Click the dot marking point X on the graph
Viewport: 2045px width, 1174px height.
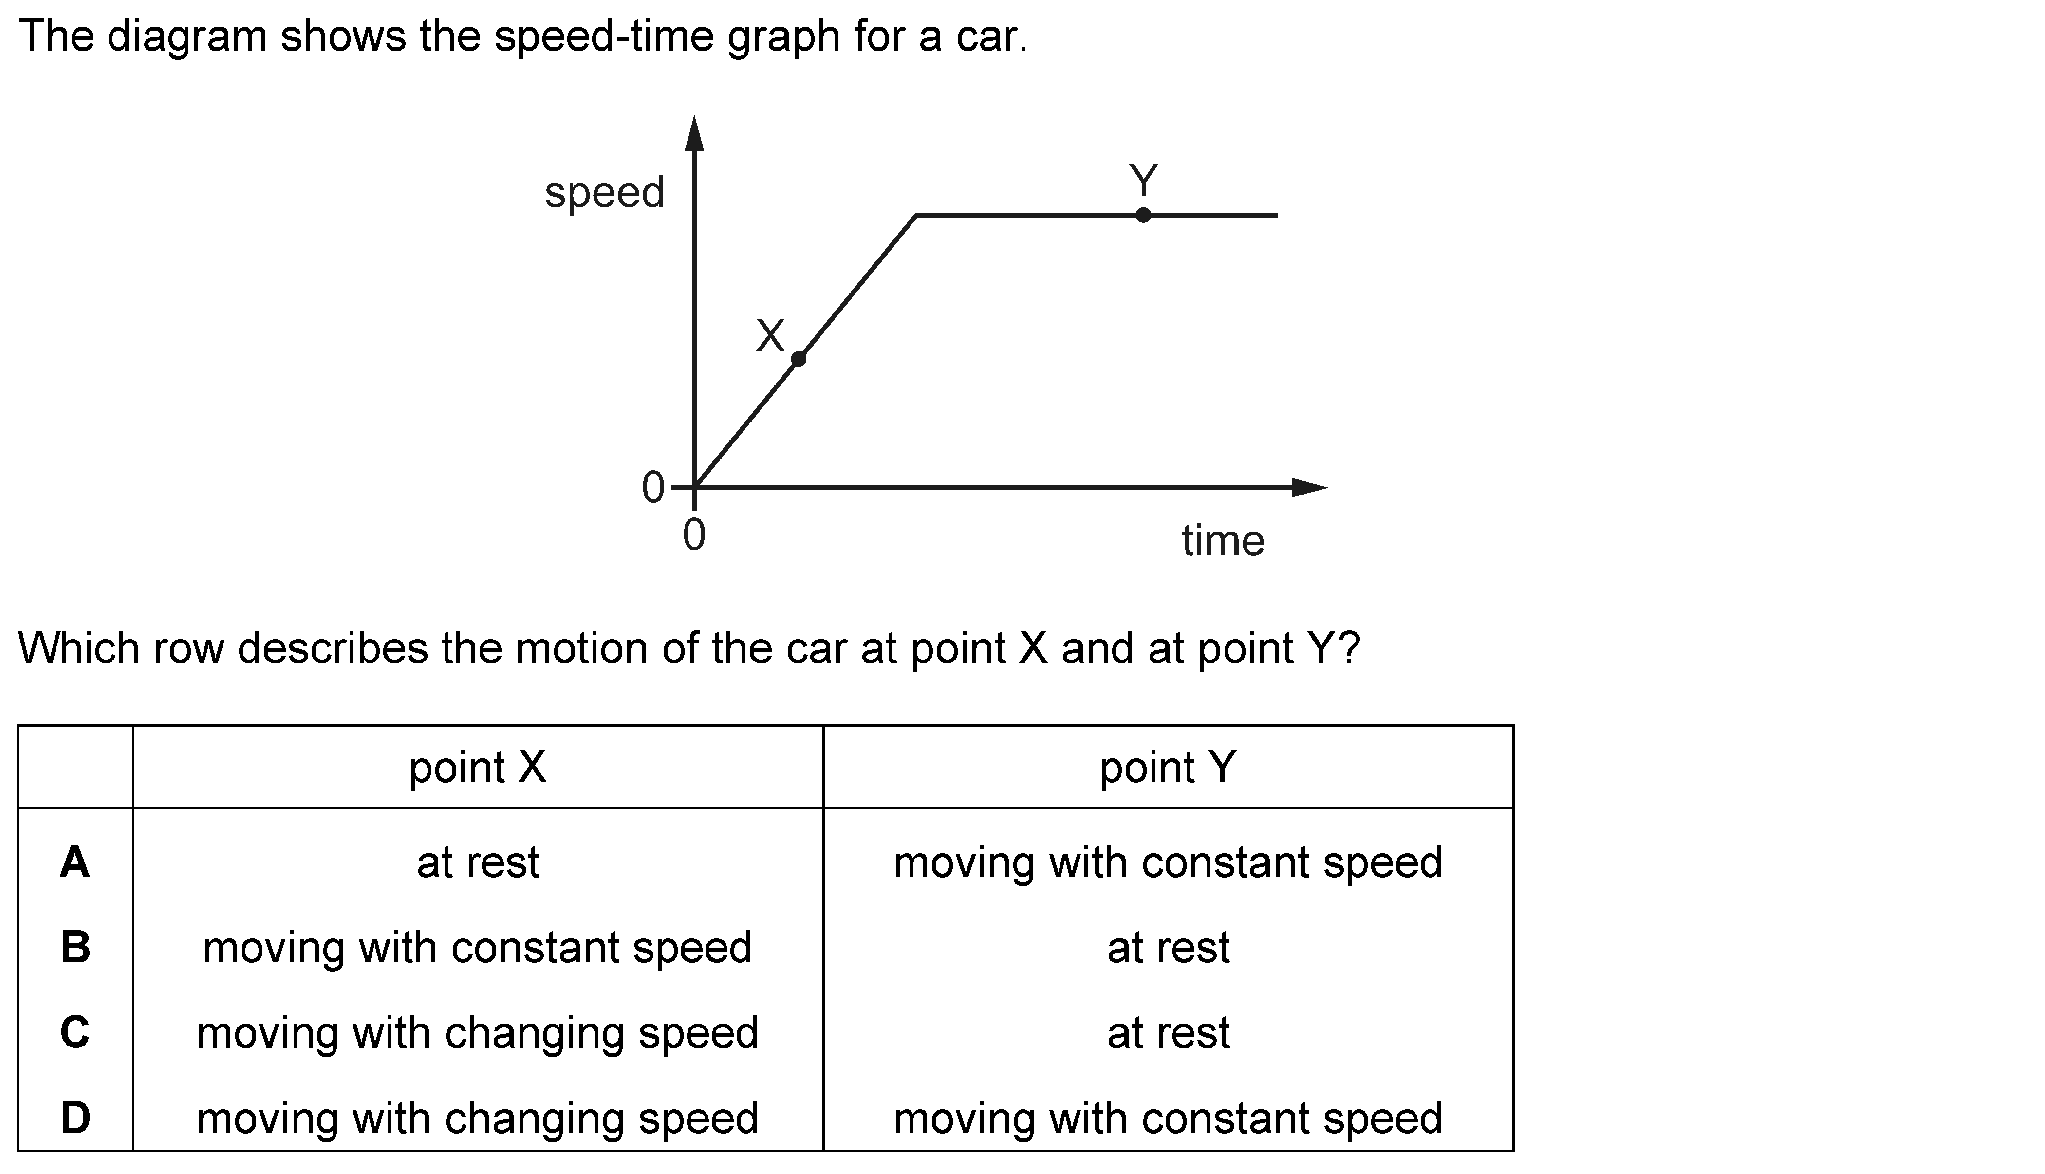point(799,359)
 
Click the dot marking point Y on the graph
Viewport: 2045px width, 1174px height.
point(1143,215)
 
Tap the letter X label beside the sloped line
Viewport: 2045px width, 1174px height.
point(770,336)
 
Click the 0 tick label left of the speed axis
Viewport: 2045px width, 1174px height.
point(652,488)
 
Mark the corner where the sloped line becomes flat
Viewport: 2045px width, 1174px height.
point(916,215)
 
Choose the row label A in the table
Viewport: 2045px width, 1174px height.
point(75,862)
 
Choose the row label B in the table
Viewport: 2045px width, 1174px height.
point(75,947)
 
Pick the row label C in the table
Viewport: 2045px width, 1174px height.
point(75,1032)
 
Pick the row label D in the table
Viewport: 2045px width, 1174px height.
point(75,1118)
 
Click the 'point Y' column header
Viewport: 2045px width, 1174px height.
point(1168,768)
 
